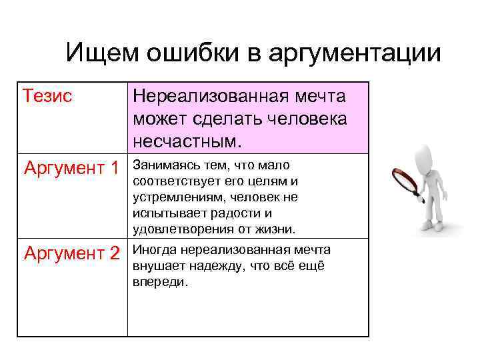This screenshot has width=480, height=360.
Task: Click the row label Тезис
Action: [48, 96]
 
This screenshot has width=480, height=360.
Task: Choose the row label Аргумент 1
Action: [71, 167]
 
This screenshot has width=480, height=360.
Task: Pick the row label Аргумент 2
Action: [71, 253]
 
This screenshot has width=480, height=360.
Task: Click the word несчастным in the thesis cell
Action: [189, 141]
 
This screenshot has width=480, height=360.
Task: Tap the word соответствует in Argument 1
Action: [175, 181]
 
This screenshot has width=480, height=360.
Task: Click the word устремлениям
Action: [175, 197]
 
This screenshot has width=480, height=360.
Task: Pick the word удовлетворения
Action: [179, 229]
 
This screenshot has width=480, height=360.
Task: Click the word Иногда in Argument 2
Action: [153, 250]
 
